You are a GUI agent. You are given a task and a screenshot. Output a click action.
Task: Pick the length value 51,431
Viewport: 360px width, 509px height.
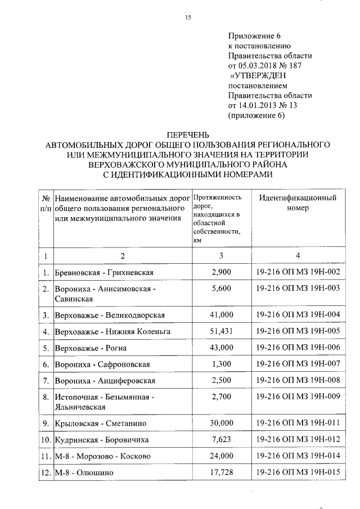(221, 331)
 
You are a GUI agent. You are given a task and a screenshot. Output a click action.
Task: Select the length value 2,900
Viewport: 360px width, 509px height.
(221, 272)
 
